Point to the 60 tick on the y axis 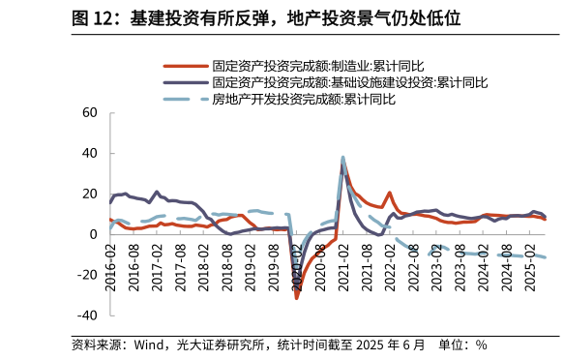click(x=90, y=112)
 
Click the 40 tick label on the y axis click(x=90, y=153)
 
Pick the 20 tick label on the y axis click(x=90, y=194)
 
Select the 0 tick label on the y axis click(x=94, y=234)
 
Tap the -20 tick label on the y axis click(x=87, y=275)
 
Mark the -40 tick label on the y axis click(x=87, y=315)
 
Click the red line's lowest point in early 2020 click(x=297, y=297)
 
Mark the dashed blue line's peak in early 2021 click(x=343, y=157)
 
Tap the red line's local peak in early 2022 click(x=390, y=193)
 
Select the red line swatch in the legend click(x=185, y=67)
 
